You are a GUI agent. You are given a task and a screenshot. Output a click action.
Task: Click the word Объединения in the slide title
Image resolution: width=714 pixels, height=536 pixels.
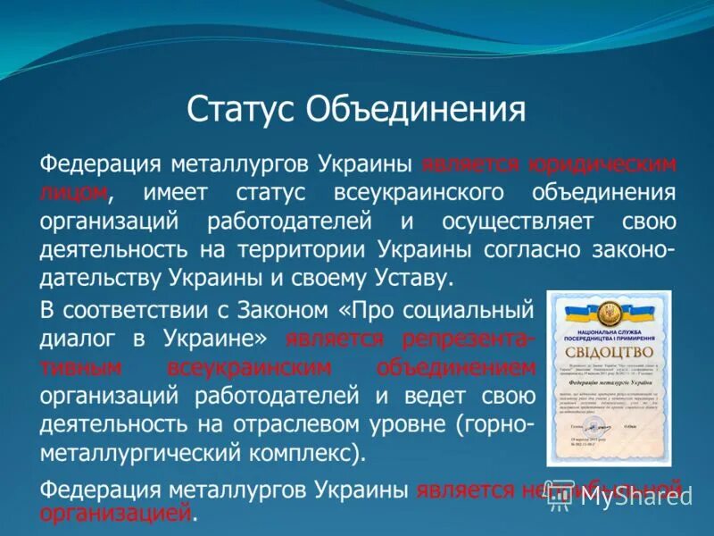click(x=416, y=112)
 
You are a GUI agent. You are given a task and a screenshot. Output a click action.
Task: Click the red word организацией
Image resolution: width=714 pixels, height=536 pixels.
click(x=116, y=514)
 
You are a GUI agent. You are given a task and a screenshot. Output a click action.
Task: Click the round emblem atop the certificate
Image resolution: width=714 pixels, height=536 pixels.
click(x=610, y=314)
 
